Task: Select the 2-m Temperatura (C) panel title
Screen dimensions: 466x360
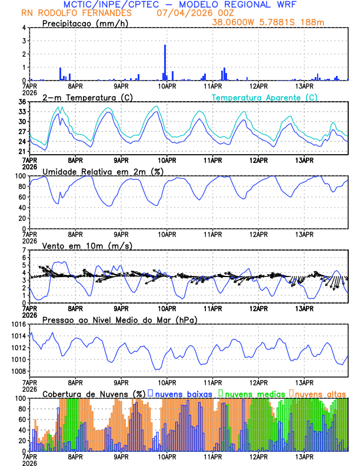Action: pyautogui.click(x=86, y=97)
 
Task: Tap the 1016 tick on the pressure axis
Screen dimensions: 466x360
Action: pyautogui.click(x=19, y=324)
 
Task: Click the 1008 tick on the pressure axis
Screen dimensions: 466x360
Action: pyautogui.click(x=19, y=371)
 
